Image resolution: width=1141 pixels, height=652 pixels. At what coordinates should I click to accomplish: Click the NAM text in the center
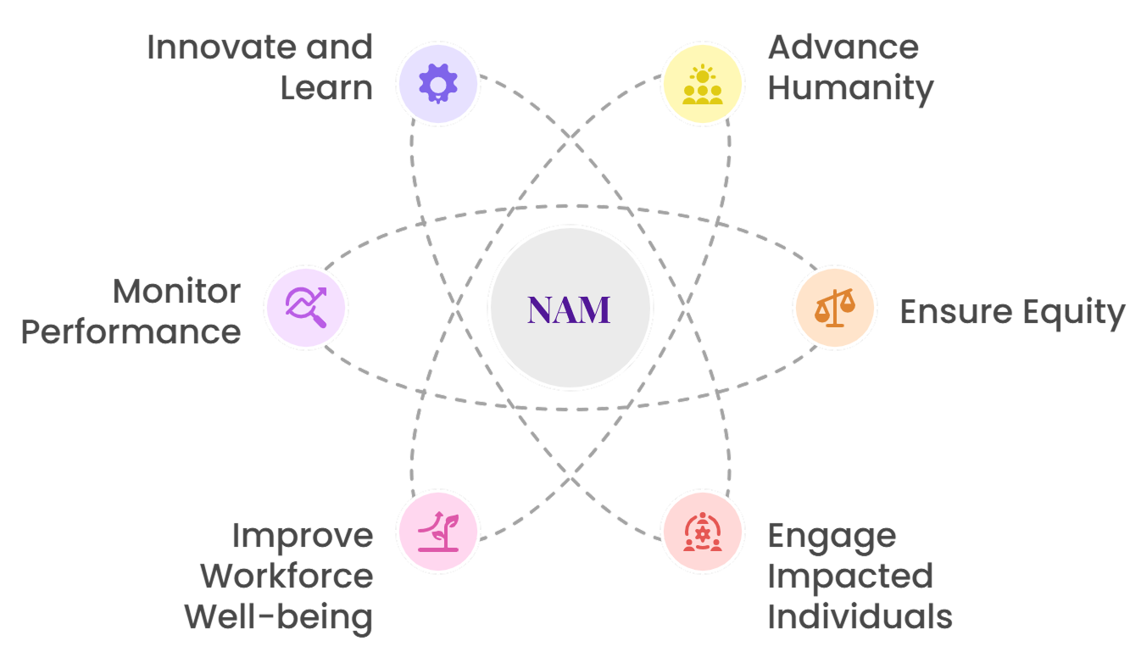click(569, 309)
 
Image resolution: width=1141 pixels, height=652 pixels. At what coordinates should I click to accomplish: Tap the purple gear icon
click(438, 84)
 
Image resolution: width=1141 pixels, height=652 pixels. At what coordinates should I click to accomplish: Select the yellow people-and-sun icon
click(703, 84)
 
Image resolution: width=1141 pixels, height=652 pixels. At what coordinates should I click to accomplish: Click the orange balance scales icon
click(835, 307)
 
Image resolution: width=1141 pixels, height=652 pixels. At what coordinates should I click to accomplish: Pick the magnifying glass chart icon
click(306, 307)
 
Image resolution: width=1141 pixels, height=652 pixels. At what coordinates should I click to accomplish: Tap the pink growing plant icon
click(438, 532)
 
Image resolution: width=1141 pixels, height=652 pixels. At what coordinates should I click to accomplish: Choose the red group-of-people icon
click(703, 532)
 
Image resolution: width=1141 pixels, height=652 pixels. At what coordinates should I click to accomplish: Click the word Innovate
click(211, 47)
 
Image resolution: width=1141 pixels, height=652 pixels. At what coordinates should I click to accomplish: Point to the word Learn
click(326, 88)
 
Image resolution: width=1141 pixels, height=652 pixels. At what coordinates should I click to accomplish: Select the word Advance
click(843, 47)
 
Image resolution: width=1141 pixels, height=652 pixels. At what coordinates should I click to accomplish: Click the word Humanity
click(850, 88)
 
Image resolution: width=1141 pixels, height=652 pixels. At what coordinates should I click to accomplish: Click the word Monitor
click(176, 292)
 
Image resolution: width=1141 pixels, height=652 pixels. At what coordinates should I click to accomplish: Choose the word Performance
click(131, 332)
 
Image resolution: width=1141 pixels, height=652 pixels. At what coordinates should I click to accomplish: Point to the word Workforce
click(287, 577)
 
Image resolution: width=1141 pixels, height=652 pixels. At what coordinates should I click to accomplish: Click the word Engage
click(819, 538)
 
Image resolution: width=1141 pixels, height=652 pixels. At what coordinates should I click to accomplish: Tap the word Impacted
click(849, 577)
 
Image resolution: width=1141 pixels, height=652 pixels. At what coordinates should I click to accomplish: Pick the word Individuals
click(860, 617)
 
